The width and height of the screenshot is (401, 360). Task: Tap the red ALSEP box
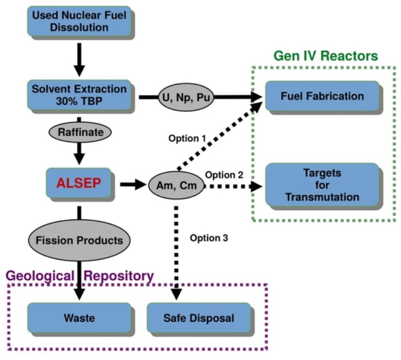78,183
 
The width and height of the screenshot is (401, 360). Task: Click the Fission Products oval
79,241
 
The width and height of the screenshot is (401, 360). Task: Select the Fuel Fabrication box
322,96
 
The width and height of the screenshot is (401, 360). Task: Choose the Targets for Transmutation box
322,185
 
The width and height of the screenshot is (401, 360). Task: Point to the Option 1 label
186,139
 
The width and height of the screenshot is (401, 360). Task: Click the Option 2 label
224,174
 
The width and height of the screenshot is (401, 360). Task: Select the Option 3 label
209,238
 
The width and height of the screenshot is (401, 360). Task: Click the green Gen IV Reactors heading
326,56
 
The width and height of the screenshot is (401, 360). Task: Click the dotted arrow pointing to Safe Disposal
176,250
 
